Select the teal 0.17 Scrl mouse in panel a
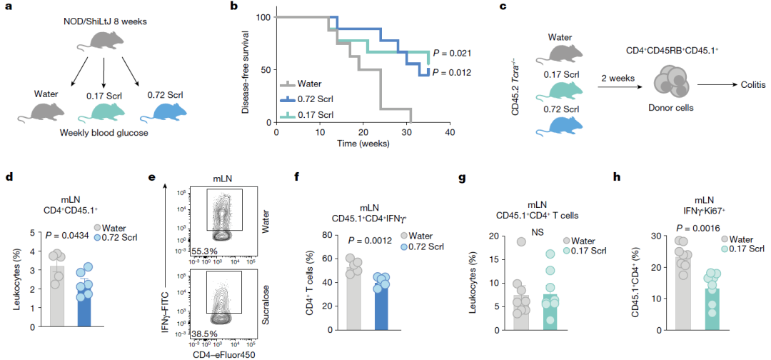click(x=106, y=111)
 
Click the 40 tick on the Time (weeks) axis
click(x=450, y=132)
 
